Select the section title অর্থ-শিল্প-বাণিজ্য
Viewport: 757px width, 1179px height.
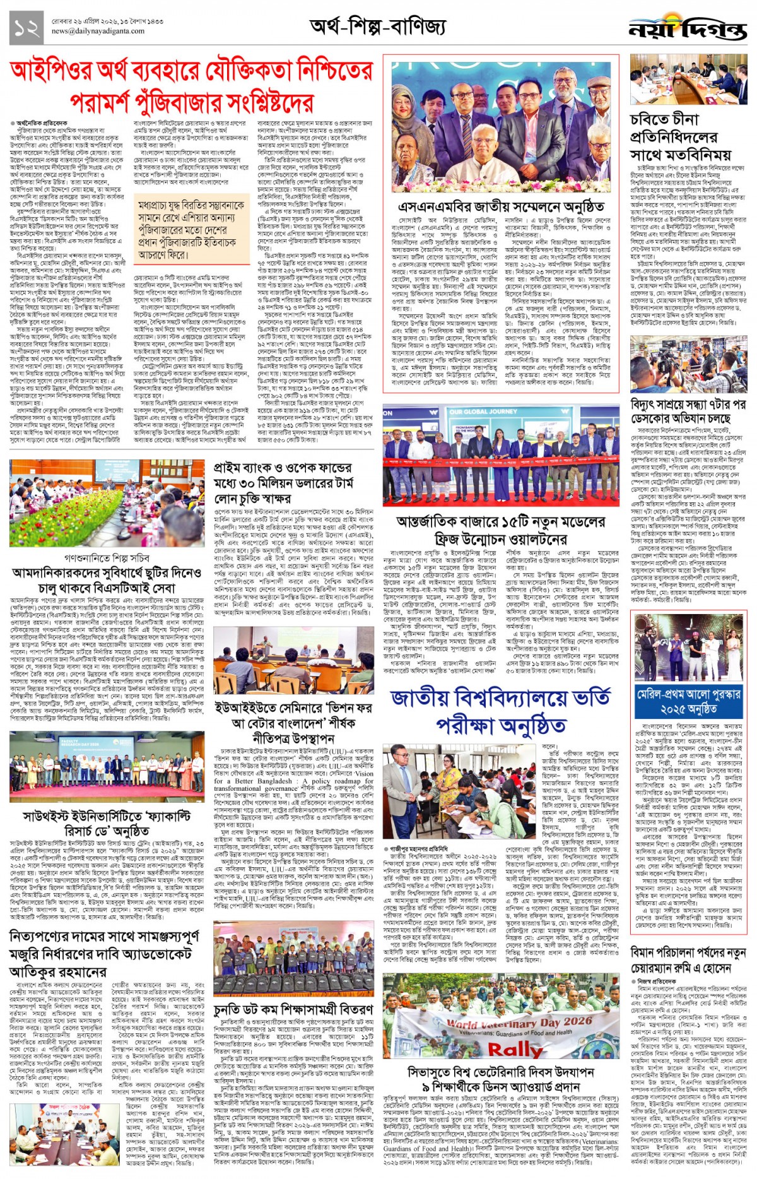pyautogui.click(x=377, y=27)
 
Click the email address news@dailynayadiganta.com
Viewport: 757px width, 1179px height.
pyautogui.click(x=98, y=31)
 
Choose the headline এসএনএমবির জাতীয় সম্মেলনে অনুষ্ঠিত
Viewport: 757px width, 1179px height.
pyautogui.click(x=501, y=208)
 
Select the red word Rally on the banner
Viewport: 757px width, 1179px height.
pyautogui.click(x=515, y=1049)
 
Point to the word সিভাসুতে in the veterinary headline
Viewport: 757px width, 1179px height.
pyautogui.click(x=434, y=1072)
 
